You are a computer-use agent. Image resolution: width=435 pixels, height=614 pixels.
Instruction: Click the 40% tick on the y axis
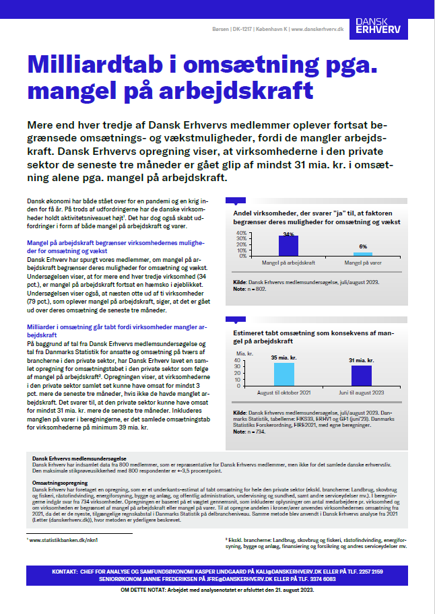pyautogui.click(x=240, y=233)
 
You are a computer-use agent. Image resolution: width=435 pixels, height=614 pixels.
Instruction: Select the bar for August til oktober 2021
pyautogui.click(x=283, y=373)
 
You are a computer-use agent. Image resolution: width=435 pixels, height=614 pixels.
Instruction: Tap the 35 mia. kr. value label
pyautogui.click(x=283, y=358)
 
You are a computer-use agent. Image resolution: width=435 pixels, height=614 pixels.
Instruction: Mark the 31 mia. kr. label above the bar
pyautogui.click(x=361, y=361)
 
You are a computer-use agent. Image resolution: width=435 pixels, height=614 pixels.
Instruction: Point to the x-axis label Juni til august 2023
pyautogui.click(x=361, y=391)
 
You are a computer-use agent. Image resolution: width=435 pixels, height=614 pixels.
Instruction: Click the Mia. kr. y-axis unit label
pyautogui.click(x=244, y=352)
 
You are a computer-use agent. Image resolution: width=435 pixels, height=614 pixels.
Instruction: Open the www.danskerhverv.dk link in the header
pyautogui.click(x=314, y=30)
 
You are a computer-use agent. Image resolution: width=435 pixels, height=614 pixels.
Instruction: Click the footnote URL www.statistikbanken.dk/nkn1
pyautogui.click(x=58, y=540)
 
